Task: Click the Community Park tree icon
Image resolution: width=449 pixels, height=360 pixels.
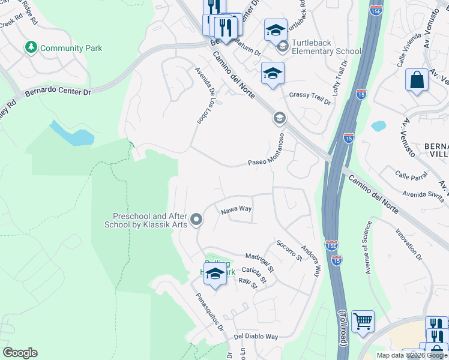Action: (x=31, y=47)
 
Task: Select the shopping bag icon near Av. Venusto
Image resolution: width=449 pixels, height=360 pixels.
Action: (x=417, y=80)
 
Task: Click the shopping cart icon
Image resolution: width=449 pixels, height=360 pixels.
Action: (x=363, y=322)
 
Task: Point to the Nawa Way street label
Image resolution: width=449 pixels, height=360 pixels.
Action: (x=235, y=210)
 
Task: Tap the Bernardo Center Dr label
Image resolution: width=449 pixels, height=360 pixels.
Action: (x=58, y=92)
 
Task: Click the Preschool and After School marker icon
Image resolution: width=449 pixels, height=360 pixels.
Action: (x=196, y=221)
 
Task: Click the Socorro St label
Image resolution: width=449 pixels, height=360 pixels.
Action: (x=289, y=250)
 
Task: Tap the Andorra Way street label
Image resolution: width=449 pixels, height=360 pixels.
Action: (x=310, y=259)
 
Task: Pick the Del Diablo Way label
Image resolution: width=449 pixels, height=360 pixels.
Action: (x=256, y=337)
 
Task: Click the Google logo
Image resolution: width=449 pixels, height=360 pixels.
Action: (x=20, y=353)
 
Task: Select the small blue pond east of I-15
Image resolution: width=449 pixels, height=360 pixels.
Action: (x=378, y=126)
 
